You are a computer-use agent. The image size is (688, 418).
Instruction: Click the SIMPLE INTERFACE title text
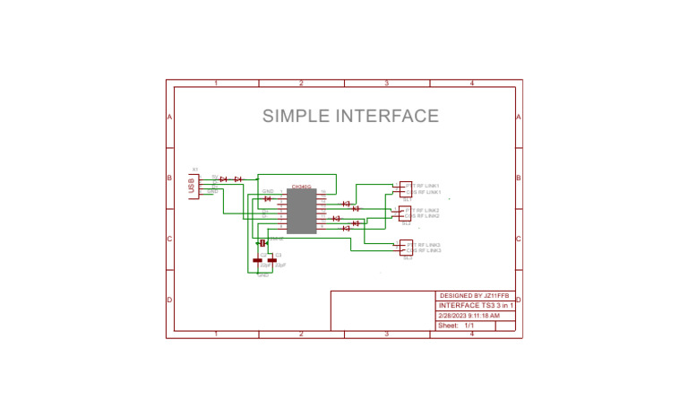[x=350, y=116]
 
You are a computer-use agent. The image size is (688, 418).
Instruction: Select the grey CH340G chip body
[x=301, y=212]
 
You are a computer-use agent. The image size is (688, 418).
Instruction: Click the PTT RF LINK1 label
[x=425, y=186]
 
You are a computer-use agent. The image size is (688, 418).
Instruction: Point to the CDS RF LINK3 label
[x=425, y=251]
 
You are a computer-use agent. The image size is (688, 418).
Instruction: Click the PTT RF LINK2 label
[x=425, y=210]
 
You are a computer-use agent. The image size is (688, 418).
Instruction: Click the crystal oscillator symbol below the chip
[x=263, y=243]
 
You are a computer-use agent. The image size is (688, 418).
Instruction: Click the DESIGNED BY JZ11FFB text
[x=474, y=295]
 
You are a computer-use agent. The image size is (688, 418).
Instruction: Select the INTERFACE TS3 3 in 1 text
[x=476, y=306]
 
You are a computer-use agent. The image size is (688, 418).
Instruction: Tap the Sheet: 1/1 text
[x=456, y=327]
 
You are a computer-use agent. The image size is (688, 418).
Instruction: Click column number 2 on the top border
[x=301, y=83]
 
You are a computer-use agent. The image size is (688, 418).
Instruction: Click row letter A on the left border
[x=169, y=118]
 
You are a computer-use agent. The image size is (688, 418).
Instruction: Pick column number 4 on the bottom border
[x=471, y=335]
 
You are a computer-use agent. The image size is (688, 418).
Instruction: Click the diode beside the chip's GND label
[x=267, y=198]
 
